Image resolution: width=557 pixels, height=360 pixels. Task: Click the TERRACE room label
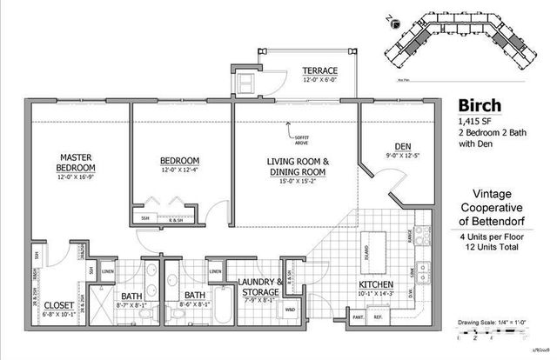pyautogui.click(x=319, y=70)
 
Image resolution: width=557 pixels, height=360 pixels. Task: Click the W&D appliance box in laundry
pyautogui.click(x=289, y=310)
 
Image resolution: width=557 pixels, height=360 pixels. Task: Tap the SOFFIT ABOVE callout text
pyautogui.click(x=302, y=137)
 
